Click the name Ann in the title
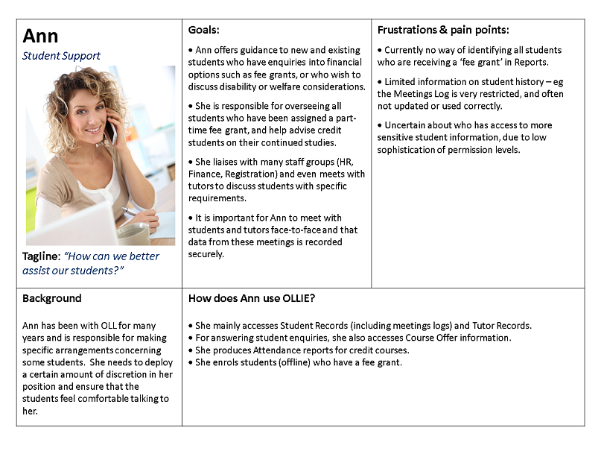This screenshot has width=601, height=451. (x=40, y=36)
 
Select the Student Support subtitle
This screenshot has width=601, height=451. (x=61, y=56)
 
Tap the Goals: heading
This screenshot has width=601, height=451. (x=203, y=30)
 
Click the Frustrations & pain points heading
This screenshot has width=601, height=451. (x=443, y=30)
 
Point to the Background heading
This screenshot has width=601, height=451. (x=51, y=298)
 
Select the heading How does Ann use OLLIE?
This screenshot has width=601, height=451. (x=252, y=298)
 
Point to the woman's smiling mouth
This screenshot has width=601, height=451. (x=92, y=129)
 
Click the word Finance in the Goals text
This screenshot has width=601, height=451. (x=206, y=174)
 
